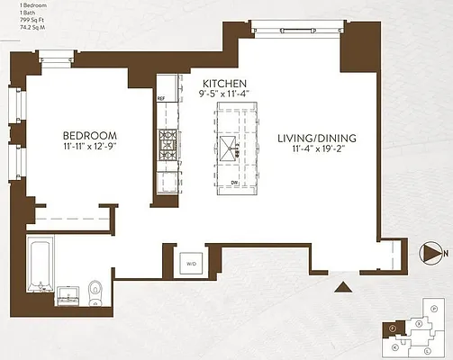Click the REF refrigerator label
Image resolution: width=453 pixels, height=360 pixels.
click(161, 98)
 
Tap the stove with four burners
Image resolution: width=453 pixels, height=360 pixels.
click(168, 142)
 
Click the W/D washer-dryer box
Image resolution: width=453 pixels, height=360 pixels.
click(191, 264)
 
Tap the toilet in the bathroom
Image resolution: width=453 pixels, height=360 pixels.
click(95, 289)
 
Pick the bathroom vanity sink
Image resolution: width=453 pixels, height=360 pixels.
click(67, 292)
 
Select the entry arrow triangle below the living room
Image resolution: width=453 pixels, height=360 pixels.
click(343, 287)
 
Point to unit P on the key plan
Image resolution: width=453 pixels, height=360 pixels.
click(434, 309)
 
